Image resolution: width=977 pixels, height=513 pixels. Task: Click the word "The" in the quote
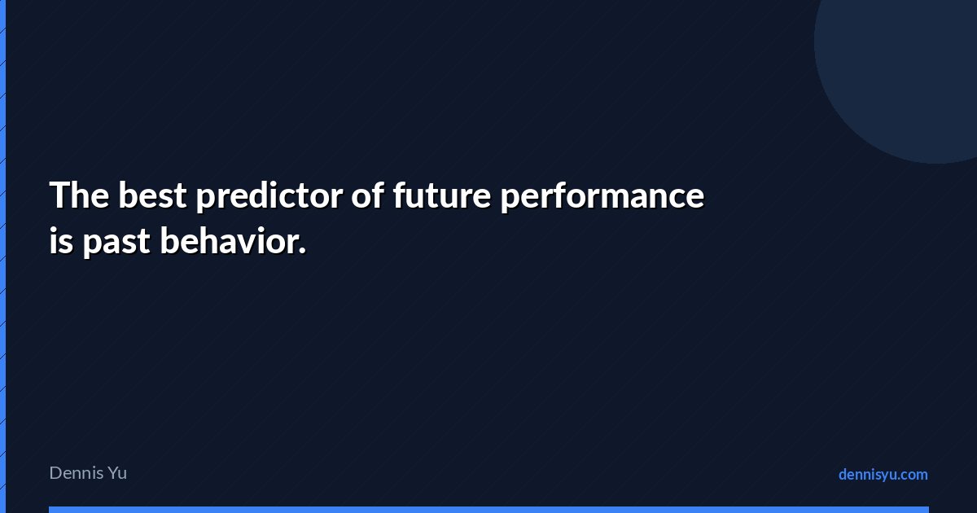coord(80,195)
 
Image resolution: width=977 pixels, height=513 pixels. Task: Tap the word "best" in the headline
coord(153,195)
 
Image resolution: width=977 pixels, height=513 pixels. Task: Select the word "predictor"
coord(269,196)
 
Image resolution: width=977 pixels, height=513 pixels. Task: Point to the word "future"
coord(442,195)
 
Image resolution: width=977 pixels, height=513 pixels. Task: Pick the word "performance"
coord(602,196)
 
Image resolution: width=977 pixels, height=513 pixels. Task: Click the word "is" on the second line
coord(61,240)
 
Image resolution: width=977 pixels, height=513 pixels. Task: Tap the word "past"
coord(116,243)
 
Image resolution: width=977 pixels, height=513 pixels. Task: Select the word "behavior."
coord(233,240)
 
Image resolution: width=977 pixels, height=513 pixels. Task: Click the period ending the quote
coord(302,251)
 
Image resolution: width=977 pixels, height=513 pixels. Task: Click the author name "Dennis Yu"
coord(88,473)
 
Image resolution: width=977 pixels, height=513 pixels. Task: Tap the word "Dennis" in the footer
coord(77,473)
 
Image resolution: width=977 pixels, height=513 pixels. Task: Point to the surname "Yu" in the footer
coord(117,473)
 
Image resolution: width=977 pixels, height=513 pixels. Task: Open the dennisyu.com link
coord(883,475)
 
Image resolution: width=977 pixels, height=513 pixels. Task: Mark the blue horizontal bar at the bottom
coord(489,510)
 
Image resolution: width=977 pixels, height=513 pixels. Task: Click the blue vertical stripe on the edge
coord(2,256)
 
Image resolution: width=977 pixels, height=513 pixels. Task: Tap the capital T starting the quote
coord(59,195)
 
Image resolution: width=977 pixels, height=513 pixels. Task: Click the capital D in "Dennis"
coord(56,473)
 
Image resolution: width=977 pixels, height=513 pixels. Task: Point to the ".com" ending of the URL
coord(911,475)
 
